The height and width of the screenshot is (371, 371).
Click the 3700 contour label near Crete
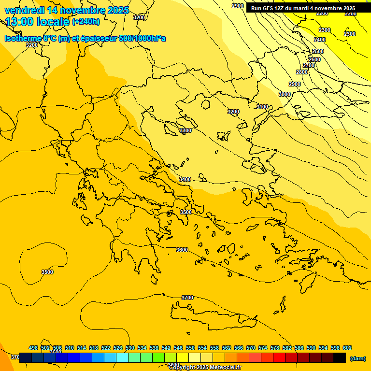[187, 298]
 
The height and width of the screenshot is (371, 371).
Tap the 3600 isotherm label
[182, 250]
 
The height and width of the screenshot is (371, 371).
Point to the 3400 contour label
[185, 179]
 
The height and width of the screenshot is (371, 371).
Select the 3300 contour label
[185, 131]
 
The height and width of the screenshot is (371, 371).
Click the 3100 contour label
[262, 107]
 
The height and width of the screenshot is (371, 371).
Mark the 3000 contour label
[285, 94]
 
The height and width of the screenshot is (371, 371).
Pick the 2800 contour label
[302, 72]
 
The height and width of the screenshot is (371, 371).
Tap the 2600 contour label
[314, 59]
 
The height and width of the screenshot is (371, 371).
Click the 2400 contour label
[320, 40]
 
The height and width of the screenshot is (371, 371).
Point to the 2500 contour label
[318, 51]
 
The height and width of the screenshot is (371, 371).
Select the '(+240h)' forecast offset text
[86, 22]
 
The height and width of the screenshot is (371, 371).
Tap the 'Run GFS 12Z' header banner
[303, 8]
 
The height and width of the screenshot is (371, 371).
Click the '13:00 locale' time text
[37, 22]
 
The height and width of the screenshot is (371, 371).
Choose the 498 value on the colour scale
[33, 348]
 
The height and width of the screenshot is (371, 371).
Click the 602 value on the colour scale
[347, 348]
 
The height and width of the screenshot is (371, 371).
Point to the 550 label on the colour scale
[190, 348]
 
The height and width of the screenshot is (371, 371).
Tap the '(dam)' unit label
[357, 358]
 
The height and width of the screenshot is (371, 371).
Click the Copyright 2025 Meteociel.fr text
[205, 368]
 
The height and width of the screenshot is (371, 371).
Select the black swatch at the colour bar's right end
[340, 358]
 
